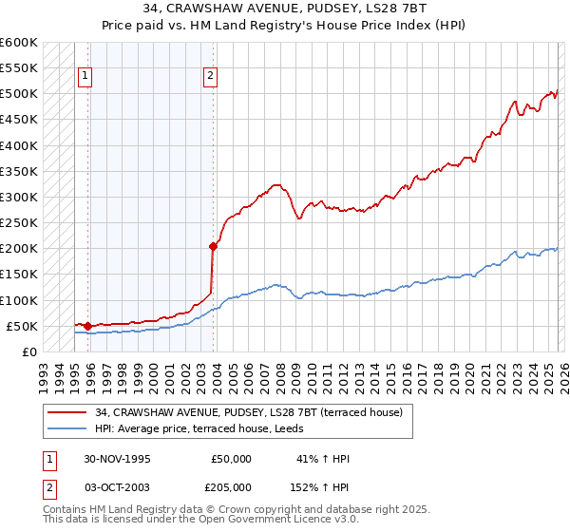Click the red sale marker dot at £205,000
(x=213, y=246)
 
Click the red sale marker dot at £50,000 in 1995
(x=88, y=326)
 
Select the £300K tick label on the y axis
(x=19, y=197)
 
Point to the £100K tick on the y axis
(x=19, y=300)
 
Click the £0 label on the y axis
(x=28, y=351)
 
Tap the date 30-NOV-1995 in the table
(x=118, y=459)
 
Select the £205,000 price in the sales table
(x=230, y=486)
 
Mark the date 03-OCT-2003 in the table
(x=118, y=486)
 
